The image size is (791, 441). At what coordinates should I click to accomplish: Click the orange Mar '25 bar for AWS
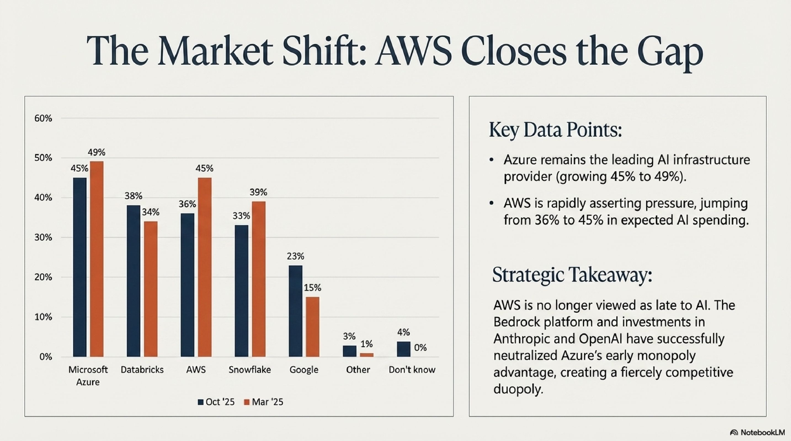coord(204,267)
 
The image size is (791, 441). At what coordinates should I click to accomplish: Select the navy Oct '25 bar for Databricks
coord(134,281)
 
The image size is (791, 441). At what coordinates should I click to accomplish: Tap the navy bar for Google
coord(295,311)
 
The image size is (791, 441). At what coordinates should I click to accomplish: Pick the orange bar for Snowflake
coord(259,279)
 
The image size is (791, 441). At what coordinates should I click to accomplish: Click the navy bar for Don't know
coord(403,349)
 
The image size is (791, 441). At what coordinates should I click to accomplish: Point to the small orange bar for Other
coord(367,355)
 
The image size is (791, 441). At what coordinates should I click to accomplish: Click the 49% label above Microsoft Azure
coord(96,152)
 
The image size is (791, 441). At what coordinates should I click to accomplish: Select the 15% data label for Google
coord(313,288)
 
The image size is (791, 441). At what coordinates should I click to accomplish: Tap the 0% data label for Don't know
coord(420,348)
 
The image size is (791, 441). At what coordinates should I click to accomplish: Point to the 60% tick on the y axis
coord(43,118)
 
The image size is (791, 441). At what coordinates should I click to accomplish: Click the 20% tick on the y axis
coord(43,277)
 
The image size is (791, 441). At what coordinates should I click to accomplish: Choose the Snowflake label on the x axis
coord(250,370)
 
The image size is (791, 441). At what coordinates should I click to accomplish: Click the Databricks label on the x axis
coord(142,370)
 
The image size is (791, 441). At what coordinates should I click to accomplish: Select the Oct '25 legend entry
coord(216,402)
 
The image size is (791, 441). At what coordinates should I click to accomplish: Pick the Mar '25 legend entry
coord(264,402)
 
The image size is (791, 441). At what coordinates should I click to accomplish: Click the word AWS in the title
coord(413,51)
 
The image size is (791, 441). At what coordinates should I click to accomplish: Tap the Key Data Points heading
coord(555,130)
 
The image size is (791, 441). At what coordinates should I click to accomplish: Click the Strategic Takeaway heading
coord(572,274)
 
